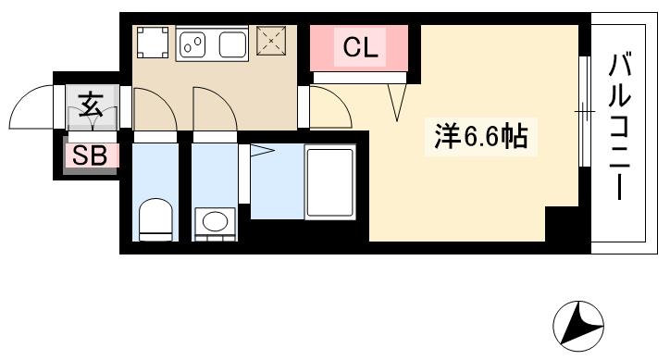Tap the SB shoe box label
point(92,155)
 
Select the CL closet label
point(359,49)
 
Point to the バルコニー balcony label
point(619,130)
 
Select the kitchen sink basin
point(230,43)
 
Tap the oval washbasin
point(215,222)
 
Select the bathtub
point(329,181)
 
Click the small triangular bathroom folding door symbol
point(261,150)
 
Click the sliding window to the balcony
point(584,112)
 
